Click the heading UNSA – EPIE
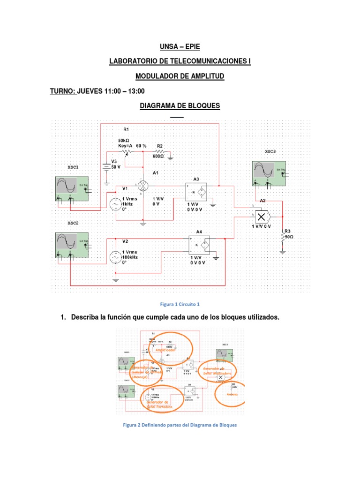pos(180,47)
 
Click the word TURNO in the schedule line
pos(63,91)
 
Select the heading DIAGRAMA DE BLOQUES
pos(180,106)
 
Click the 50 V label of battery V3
pos(116,166)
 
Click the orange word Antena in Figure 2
pos(232,395)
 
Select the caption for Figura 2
pos(180,425)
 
